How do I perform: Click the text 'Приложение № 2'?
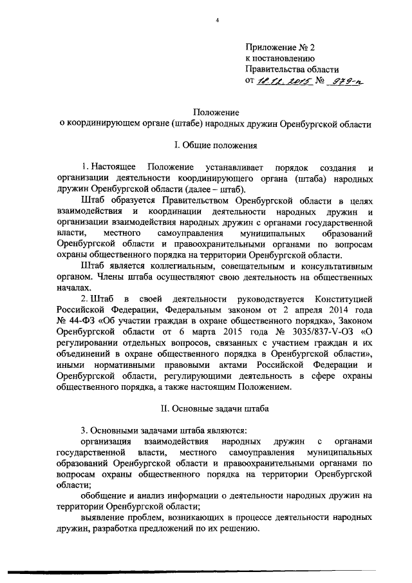pyautogui.click(x=281, y=47)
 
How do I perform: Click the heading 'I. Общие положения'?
pyautogui.click(x=216, y=145)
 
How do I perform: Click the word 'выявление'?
pyautogui.click(x=104, y=517)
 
